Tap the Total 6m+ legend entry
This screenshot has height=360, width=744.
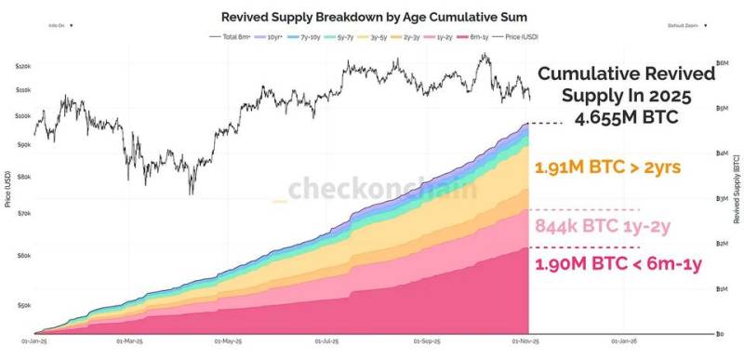tap(232, 37)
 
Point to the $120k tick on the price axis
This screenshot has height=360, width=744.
tap(23, 66)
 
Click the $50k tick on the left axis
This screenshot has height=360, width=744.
tap(23, 304)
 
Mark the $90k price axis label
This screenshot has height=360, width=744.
tap(23, 144)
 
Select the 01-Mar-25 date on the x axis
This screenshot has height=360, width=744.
tap(128, 340)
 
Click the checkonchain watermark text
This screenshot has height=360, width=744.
tap(381, 189)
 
